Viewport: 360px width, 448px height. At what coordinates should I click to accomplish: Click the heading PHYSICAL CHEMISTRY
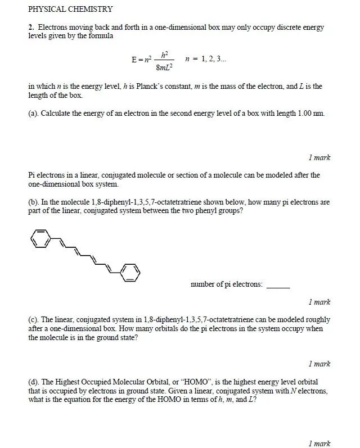[70, 9]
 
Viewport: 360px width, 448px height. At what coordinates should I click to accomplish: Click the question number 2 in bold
[30, 27]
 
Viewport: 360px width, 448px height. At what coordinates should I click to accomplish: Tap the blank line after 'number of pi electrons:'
[278, 285]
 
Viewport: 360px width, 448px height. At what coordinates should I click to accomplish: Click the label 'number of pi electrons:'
[227, 284]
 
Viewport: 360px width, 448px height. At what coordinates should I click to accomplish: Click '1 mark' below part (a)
[319, 157]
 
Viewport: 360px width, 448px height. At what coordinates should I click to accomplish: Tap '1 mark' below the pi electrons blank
[319, 302]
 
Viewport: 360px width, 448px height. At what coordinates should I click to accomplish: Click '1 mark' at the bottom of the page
[319, 444]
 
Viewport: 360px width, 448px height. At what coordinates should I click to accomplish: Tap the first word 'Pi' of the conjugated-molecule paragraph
[31, 175]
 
